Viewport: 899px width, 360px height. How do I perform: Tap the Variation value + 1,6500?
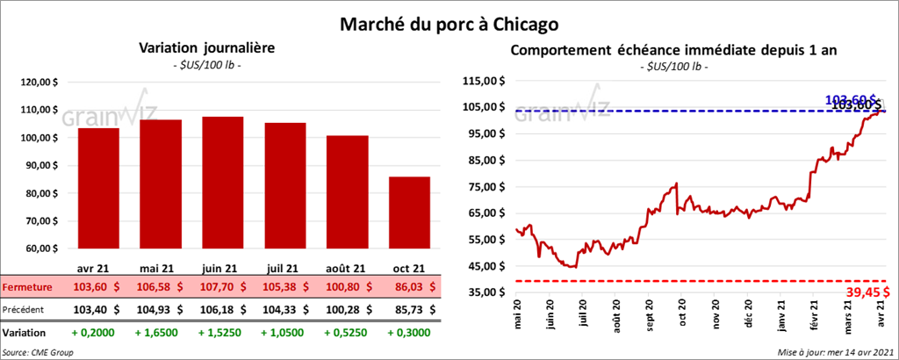pos(161,333)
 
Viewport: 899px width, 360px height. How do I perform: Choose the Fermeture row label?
pos(26,286)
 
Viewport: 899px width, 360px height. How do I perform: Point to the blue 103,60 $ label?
pos(850,98)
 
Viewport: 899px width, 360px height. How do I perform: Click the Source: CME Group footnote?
pos(38,351)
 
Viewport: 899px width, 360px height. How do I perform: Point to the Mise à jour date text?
pos(834,351)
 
